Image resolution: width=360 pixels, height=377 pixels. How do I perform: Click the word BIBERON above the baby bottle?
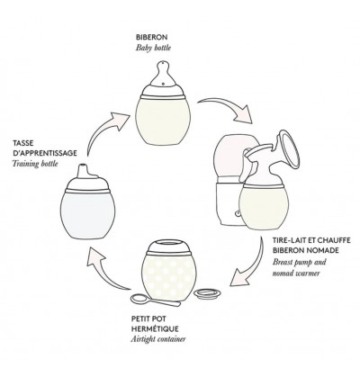[151, 38]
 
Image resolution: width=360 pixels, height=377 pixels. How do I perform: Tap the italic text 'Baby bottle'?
[153, 48]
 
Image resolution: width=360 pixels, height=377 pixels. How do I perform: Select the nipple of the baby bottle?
[163, 74]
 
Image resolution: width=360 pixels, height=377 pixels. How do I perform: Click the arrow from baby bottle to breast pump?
[227, 109]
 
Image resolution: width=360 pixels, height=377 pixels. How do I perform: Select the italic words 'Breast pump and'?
[299, 262]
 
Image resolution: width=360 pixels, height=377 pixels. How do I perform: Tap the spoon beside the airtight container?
[155, 301]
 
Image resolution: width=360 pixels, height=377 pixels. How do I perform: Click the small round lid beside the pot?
[207, 293]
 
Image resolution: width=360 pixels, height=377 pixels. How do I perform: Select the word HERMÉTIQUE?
[155, 328]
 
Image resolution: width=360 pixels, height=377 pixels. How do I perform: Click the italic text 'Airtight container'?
[158, 339]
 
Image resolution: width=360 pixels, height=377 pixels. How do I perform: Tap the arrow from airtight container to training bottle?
[103, 269]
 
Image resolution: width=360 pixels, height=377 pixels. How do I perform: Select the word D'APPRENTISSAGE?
[45, 153]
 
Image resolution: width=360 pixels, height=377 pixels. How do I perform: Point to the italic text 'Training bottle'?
[35, 164]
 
